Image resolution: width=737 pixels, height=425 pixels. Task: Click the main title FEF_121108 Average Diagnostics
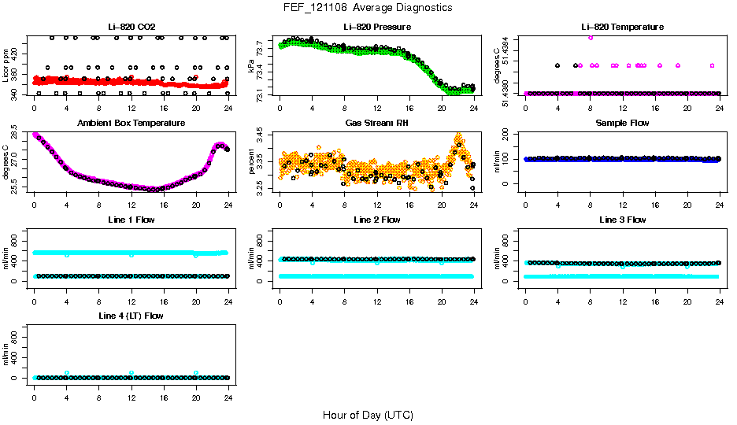368,7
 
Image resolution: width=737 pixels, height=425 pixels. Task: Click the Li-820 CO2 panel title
131,27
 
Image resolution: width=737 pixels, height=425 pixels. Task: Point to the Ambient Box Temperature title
131,123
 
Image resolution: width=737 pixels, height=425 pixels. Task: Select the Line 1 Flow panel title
131,220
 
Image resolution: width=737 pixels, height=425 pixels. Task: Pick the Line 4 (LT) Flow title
131,316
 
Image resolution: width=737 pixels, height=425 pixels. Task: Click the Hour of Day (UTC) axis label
368,415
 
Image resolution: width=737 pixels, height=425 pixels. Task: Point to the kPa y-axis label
251,66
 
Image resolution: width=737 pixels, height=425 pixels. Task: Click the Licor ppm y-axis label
6,66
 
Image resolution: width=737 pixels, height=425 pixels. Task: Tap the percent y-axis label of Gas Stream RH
251,162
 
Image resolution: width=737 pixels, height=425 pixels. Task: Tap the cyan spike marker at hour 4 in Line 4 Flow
67,373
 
